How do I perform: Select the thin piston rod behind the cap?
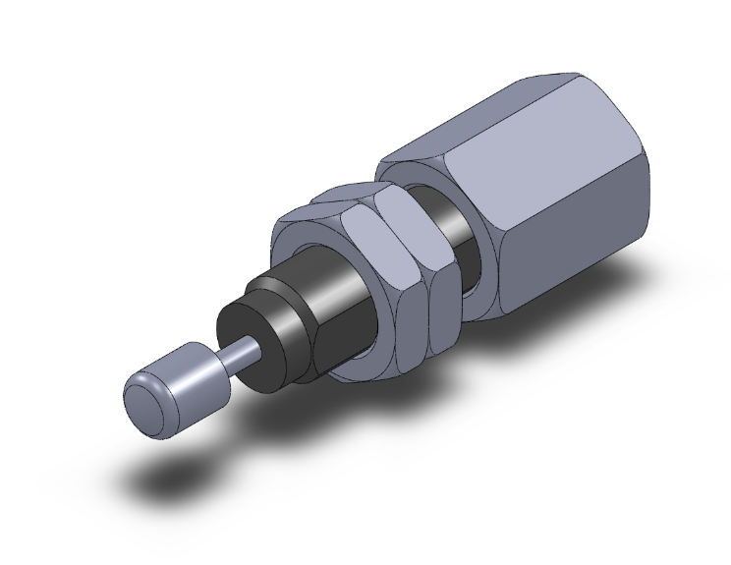point(245,353)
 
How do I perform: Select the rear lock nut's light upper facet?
point(413,211)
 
